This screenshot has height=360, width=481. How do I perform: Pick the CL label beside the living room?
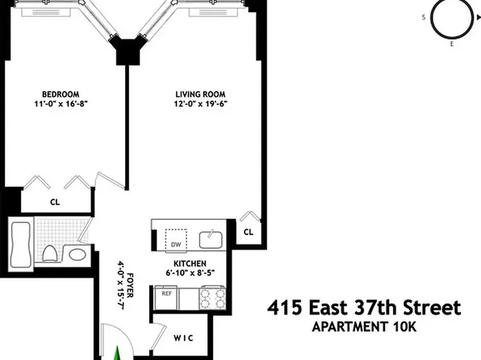pyautogui.click(x=249, y=232)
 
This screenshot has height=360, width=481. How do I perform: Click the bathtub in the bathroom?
pyautogui.click(x=21, y=247)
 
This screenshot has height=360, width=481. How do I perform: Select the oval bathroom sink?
pyautogui.click(x=77, y=255)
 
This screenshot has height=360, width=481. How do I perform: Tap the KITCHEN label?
pyautogui.click(x=190, y=264)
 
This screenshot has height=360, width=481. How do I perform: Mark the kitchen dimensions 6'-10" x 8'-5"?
pyautogui.click(x=190, y=274)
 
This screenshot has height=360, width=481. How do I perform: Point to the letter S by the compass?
pyautogui.click(x=423, y=16)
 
